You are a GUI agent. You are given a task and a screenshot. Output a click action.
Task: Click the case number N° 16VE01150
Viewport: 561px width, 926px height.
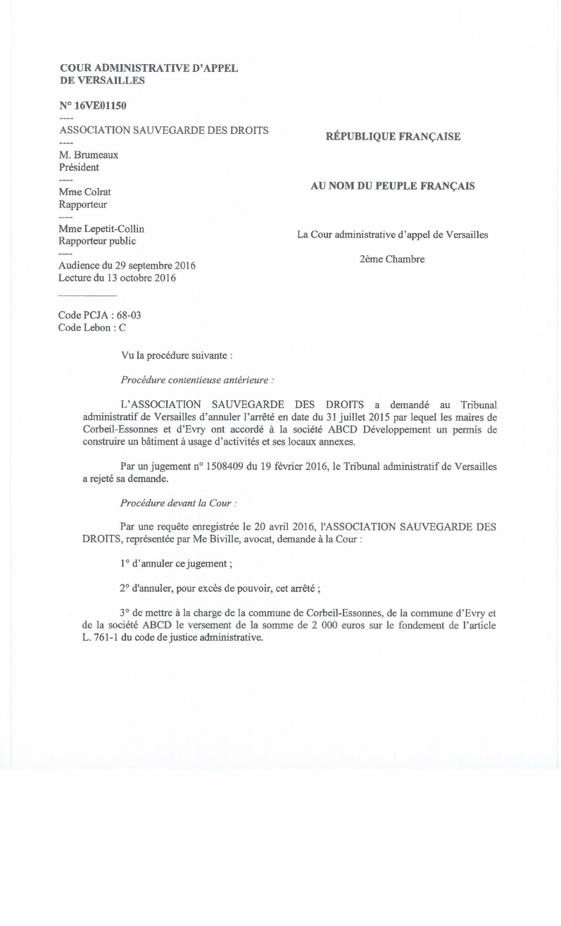93,106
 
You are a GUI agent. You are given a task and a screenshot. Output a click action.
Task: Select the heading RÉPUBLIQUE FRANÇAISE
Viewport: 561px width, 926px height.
393,137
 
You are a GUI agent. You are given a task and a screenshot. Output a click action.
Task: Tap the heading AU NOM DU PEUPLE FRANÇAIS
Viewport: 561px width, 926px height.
393,186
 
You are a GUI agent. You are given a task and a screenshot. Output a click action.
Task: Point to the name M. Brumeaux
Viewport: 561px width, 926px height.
89,155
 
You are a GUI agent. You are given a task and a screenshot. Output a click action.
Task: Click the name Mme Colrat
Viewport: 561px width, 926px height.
85,192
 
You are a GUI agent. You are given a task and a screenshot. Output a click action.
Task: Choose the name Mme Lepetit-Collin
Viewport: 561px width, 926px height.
101,228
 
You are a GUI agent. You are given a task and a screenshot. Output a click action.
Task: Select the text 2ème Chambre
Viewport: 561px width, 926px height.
392,259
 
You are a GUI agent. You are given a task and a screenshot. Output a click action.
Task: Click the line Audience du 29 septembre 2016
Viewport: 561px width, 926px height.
127,266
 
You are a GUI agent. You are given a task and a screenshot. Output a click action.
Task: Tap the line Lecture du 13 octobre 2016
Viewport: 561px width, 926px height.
117,278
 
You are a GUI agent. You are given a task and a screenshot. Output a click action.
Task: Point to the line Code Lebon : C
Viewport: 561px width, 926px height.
92,327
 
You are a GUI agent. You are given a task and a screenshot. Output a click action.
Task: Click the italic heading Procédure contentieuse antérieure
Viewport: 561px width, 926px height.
197,380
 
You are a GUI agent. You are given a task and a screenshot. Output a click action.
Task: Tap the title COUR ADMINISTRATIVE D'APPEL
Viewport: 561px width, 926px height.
149,68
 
